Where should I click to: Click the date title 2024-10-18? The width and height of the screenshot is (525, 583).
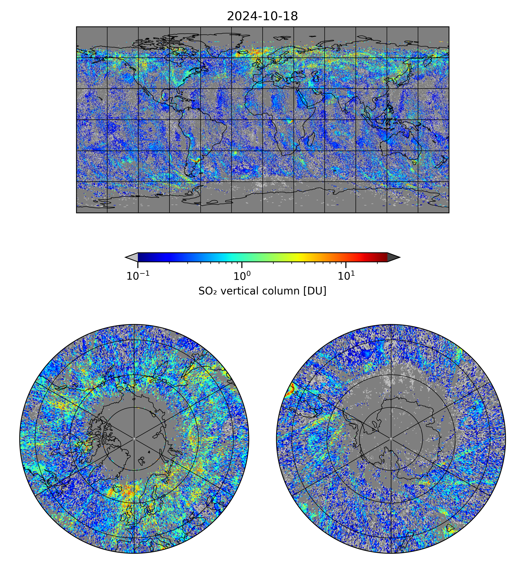coord(262,17)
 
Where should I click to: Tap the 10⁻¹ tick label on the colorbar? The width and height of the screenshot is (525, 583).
coord(138,276)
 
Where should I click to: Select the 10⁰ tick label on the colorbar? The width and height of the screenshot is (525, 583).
coord(242,276)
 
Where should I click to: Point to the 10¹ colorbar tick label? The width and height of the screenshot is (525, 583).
coord(346,276)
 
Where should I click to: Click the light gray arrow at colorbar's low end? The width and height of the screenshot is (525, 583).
coord(132,257)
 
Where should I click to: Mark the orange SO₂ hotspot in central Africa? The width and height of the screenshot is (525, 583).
coord(290,122)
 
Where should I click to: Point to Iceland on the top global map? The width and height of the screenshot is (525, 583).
coord(243,52)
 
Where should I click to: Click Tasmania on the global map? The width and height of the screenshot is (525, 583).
coord(414,163)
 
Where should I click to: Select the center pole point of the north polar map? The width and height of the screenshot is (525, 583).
coord(134,439)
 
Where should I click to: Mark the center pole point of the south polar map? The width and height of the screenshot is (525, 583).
coord(391,439)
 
